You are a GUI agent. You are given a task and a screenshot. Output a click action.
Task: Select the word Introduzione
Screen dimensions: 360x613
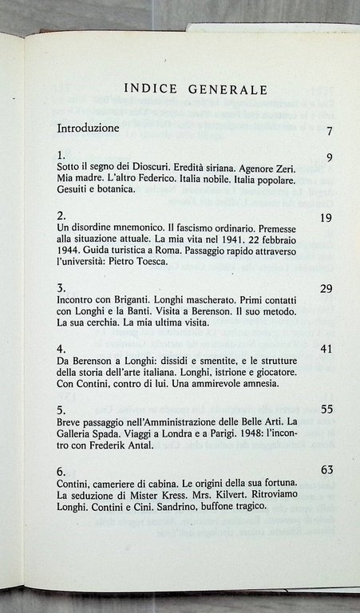click(88, 128)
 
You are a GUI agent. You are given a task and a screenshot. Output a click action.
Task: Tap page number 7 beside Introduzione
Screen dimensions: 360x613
click(329, 132)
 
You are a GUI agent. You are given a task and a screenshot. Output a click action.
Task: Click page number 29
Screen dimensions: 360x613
click(326, 288)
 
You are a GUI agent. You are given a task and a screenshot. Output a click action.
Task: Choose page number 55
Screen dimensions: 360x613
click(326, 408)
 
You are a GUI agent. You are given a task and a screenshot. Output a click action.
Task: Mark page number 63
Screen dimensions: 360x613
click(326, 469)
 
